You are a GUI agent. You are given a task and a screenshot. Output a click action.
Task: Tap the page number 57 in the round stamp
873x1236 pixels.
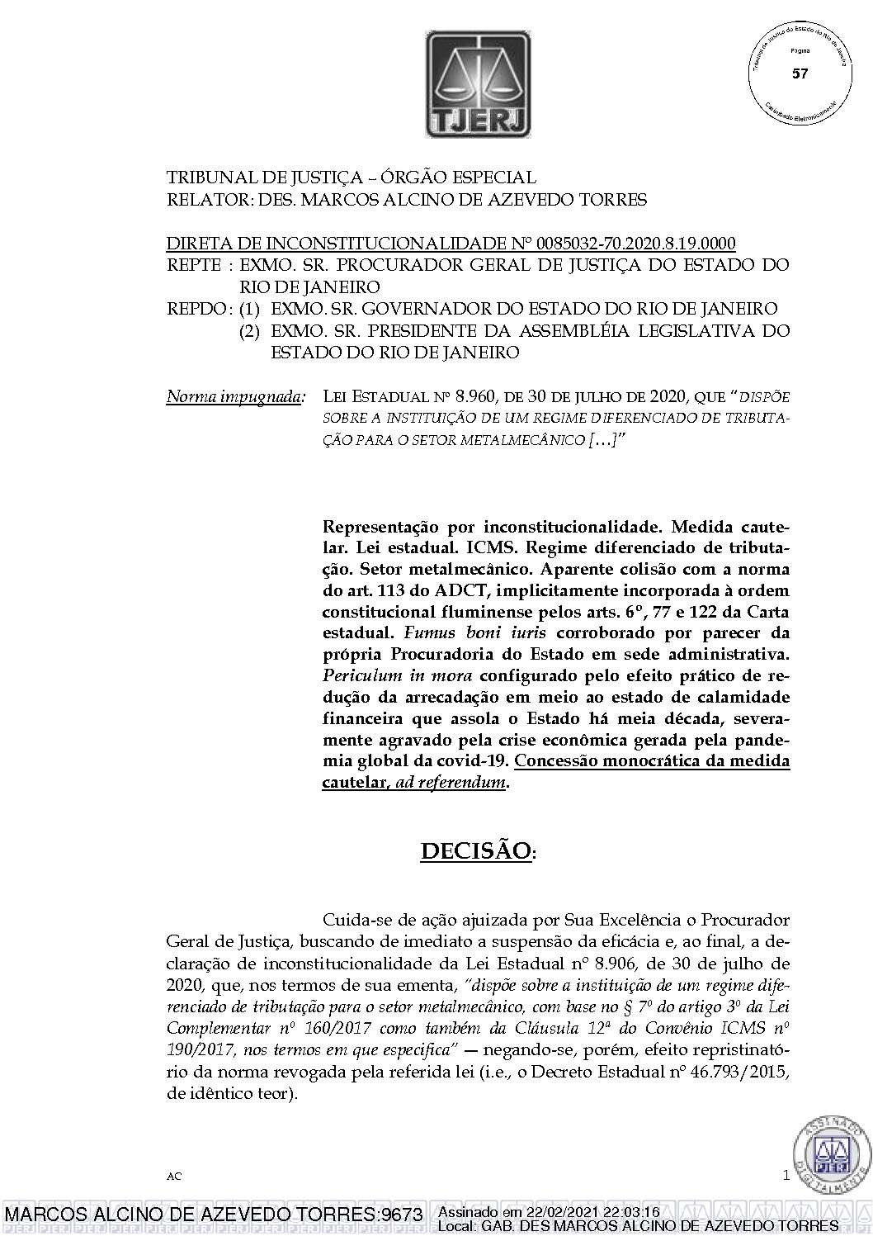coord(799,74)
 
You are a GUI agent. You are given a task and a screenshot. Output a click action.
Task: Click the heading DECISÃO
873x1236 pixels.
coord(475,851)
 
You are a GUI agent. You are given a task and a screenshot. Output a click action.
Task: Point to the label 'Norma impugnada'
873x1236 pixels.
coord(234,396)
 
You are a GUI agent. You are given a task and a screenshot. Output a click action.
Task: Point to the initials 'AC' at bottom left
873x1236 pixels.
coord(173,1175)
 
